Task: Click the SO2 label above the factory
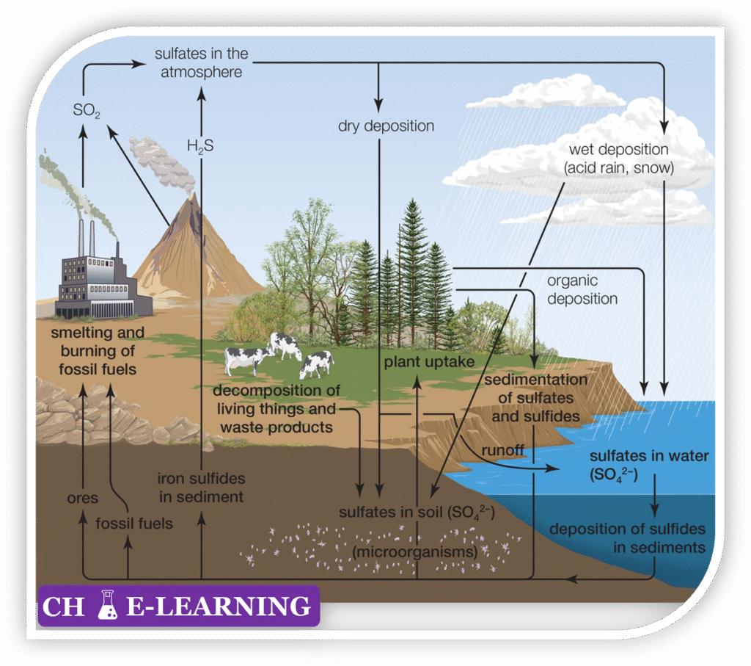click(x=87, y=112)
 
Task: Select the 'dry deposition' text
click(x=386, y=126)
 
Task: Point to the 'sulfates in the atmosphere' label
click(x=201, y=63)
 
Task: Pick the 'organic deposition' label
click(x=582, y=290)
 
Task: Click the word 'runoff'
click(x=501, y=449)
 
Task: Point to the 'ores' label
click(x=81, y=499)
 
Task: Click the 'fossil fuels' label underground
click(x=134, y=524)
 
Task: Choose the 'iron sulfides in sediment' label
click(x=201, y=488)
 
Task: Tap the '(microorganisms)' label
click(x=414, y=549)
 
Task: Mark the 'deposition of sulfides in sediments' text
click(x=627, y=538)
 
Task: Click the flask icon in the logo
click(x=109, y=604)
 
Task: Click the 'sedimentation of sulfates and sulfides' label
click(x=535, y=398)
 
